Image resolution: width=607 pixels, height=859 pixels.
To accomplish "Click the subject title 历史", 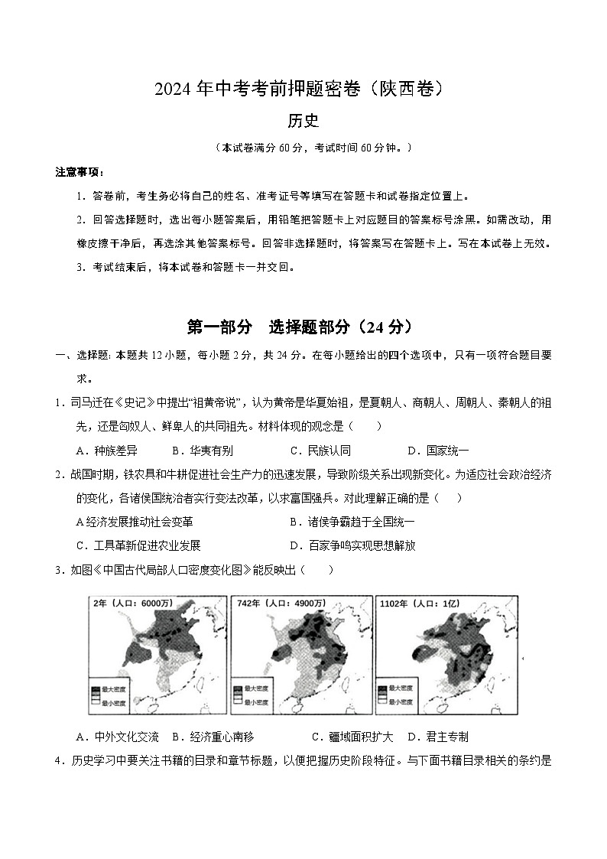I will pyautogui.click(x=303, y=121).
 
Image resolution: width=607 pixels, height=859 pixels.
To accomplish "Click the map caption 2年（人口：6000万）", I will pyautogui.click(x=131, y=604).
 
